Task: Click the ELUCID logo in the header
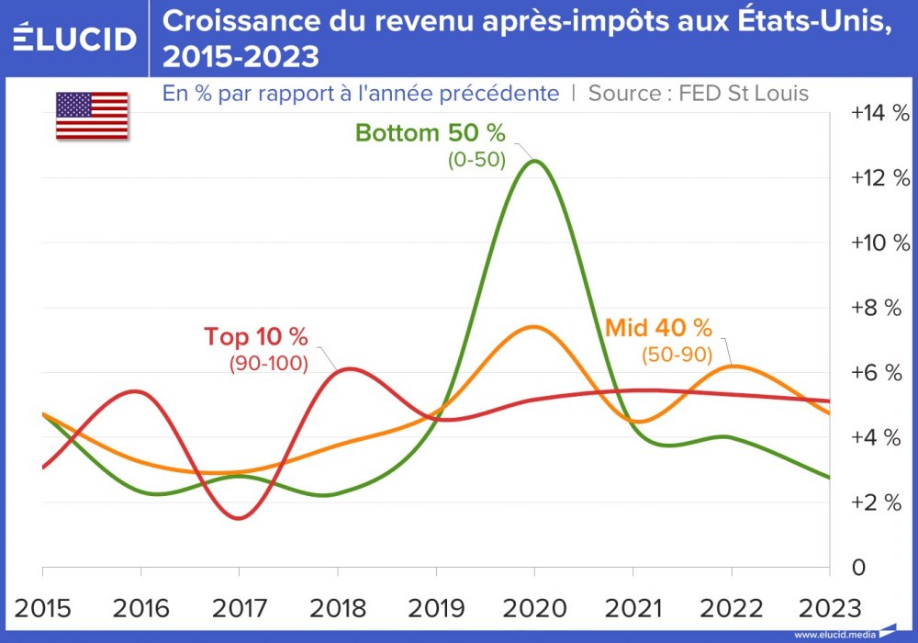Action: tap(74, 39)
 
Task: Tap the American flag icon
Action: tap(92, 116)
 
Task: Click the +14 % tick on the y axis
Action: tap(879, 113)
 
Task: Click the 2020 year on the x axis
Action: tap(533, 607)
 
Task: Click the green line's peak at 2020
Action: tap(533, 162)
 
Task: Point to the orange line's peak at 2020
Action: tap(533, 326)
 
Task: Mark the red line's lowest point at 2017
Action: tap(239, 519)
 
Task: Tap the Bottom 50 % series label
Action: tap(431, 133)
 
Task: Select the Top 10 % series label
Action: tap(256, 336)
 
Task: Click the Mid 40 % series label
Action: tap(658, 327)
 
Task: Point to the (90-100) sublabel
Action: tap(268, 363)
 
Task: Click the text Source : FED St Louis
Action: tap(698, 94)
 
